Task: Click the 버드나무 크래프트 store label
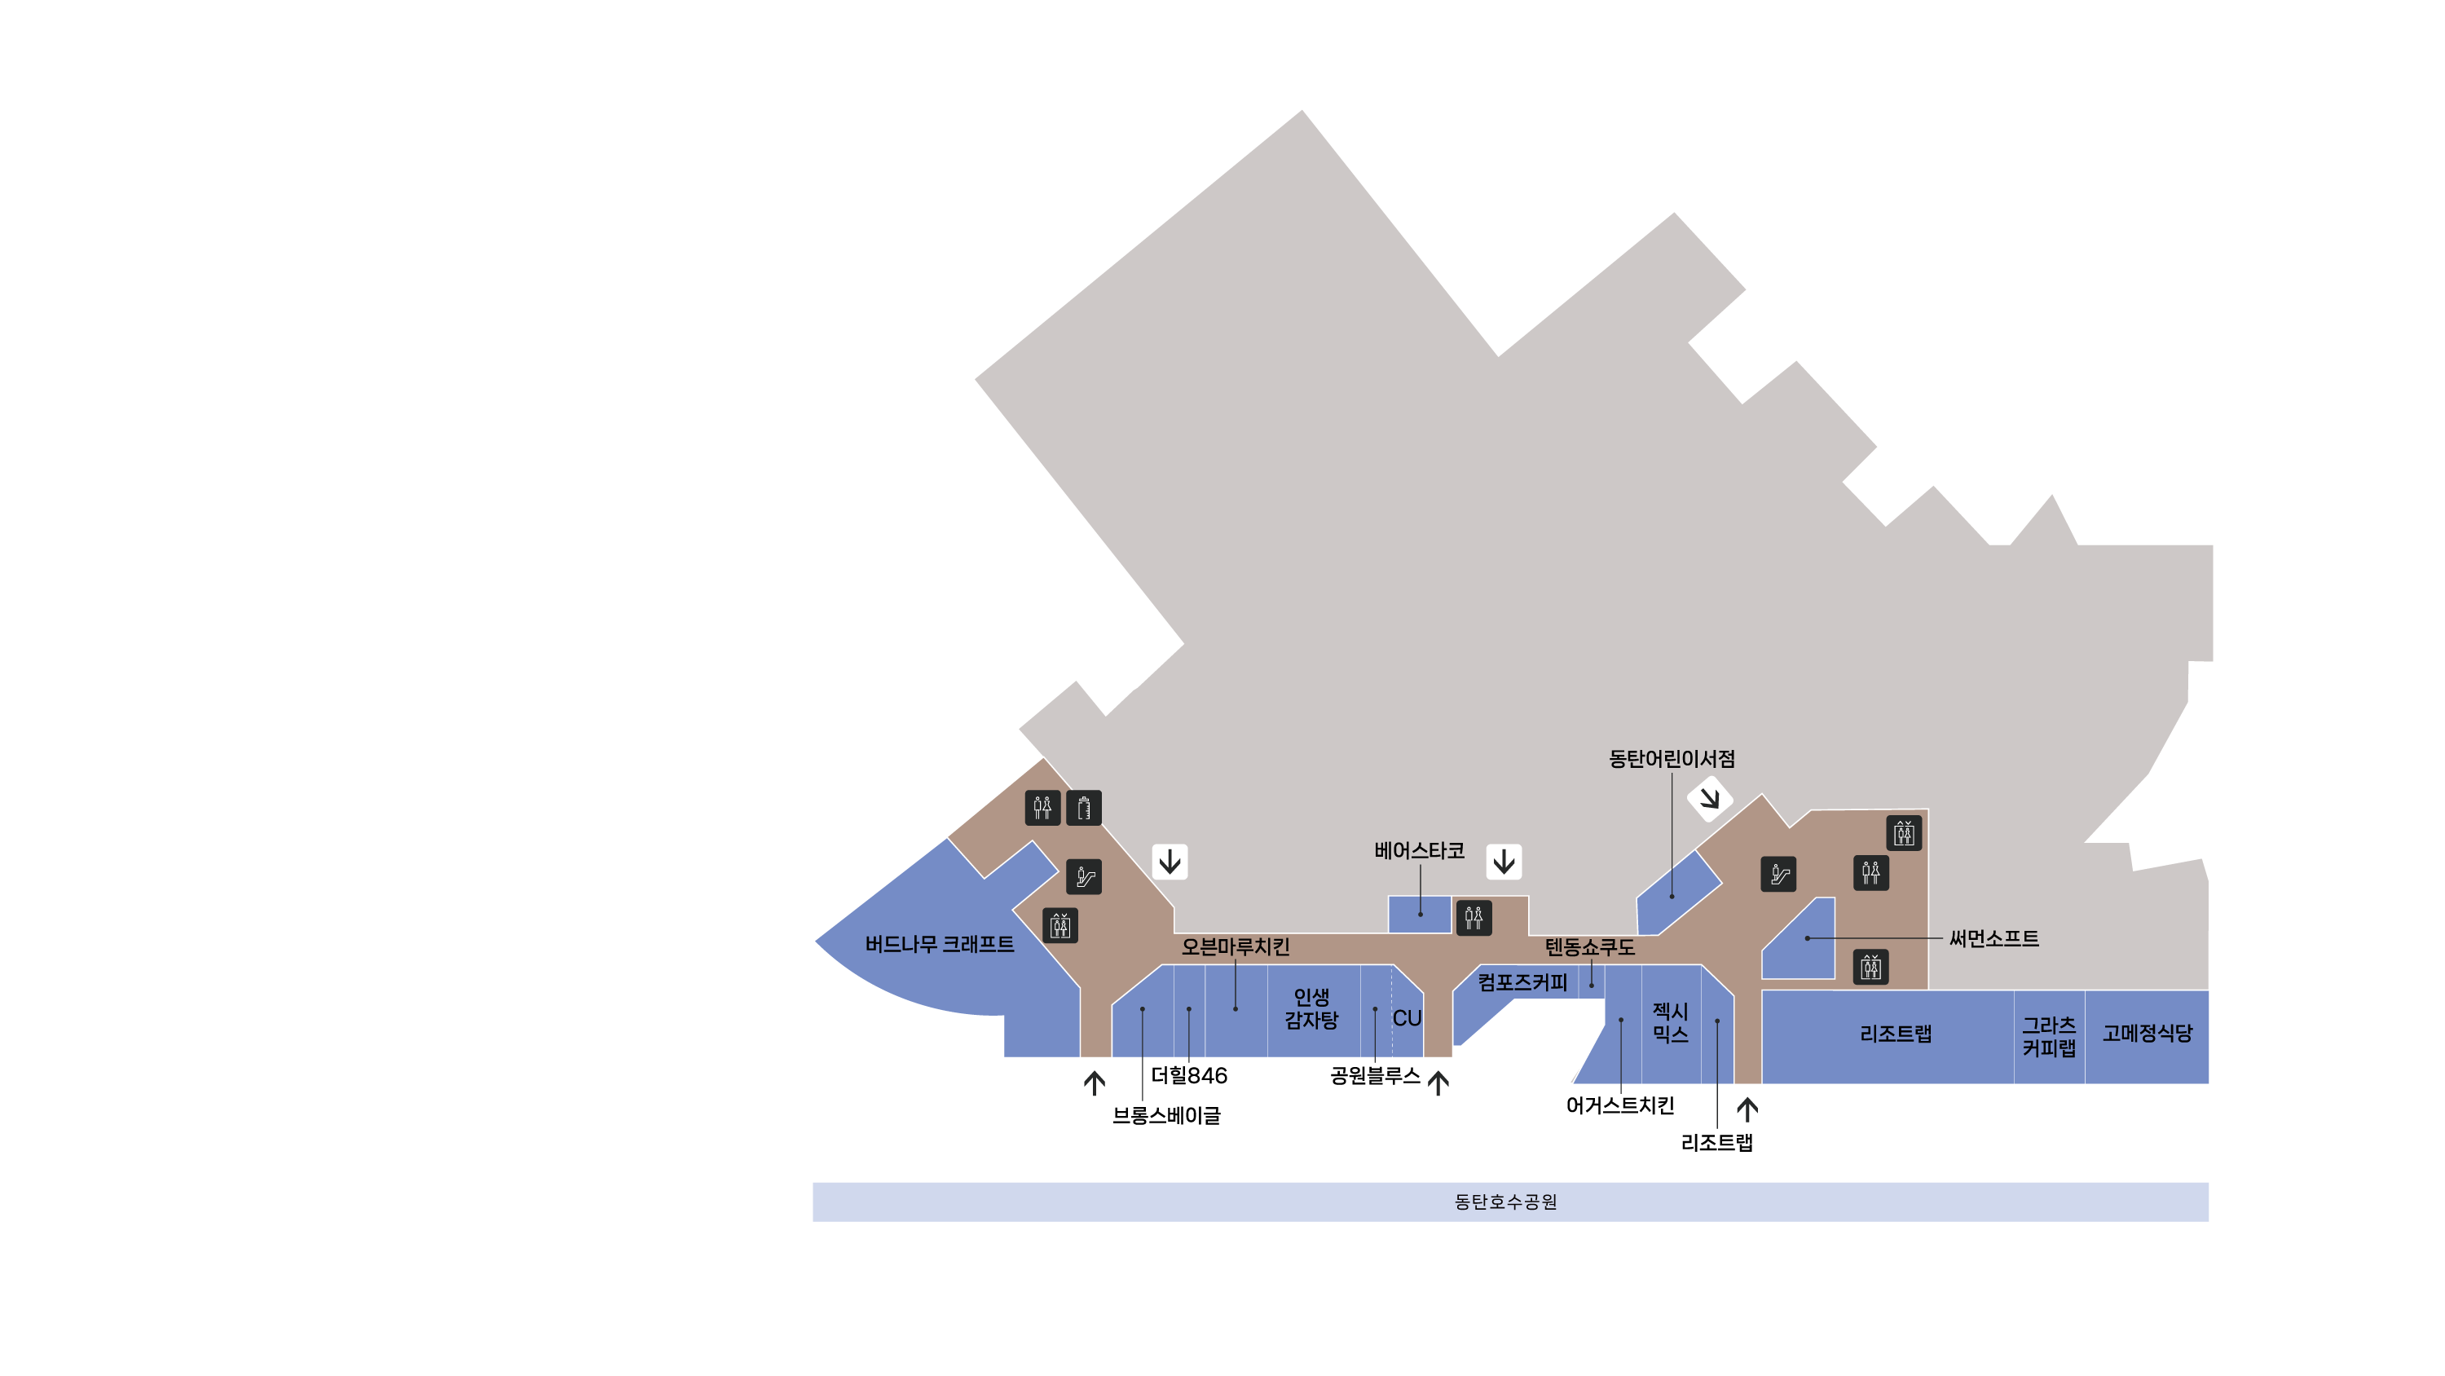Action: click(939, 944)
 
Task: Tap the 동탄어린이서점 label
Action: click(1672, 759)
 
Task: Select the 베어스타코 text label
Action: click(1419, 851)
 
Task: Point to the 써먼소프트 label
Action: click(1993, 938)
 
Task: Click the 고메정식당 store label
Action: click(2147, 1033)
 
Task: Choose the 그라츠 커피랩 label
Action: click(2048, 1037)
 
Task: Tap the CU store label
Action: click(1407, 1018)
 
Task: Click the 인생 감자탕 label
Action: click(1311, 1008)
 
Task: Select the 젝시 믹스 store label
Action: click(1671, 1023)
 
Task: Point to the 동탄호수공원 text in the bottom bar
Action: click(1505, 1202)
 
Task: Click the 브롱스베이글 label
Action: click(1166, 1116)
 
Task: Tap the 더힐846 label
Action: click(1188, 1076)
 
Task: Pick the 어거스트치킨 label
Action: click(1620, 1105)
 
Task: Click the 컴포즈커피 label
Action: click(1522, 983)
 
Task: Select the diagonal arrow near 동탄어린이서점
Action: click(1709, 799)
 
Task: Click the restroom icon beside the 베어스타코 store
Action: click(1473, 917)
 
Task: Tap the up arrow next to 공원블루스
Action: click(1438, 1083)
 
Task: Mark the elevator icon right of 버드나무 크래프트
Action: click(1060, 925)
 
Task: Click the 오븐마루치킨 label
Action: click(1235, 946)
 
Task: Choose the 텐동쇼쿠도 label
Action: click(1590, 946)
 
